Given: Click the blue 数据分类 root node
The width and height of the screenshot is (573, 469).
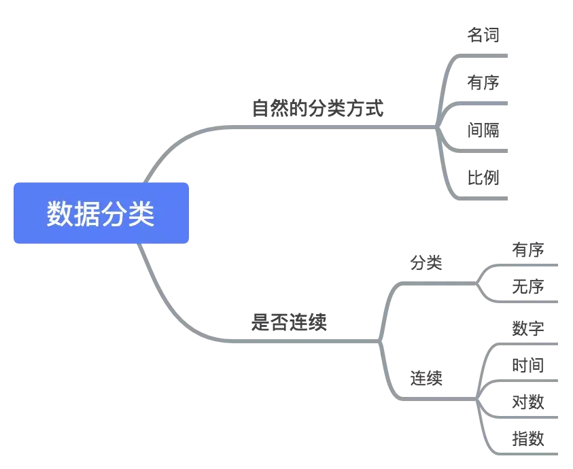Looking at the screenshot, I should [x=101, y=213].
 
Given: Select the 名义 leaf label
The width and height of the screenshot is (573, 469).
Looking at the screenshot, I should [x=483, y=35].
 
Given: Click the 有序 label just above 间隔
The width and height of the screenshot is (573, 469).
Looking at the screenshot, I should [x=483, y=83].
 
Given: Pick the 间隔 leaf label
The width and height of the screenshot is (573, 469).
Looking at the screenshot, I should [x=483, y=131].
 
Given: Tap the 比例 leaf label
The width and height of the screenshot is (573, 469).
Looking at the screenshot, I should [x=483, y=179].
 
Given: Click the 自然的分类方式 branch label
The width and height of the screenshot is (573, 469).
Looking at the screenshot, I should [x=318, y=109].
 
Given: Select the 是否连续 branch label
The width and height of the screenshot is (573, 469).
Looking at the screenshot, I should [x=291, y=321].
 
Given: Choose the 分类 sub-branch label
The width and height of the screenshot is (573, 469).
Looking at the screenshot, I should [x=426, y=261].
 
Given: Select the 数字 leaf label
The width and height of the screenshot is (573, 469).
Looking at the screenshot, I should [x=527, y=328].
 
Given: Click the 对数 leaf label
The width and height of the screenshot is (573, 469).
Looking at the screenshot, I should [x=527, y=400].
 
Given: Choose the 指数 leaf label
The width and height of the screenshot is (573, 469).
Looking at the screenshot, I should [x=527, y=437].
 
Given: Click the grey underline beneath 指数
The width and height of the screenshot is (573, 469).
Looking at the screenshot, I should [x=527, y=453].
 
